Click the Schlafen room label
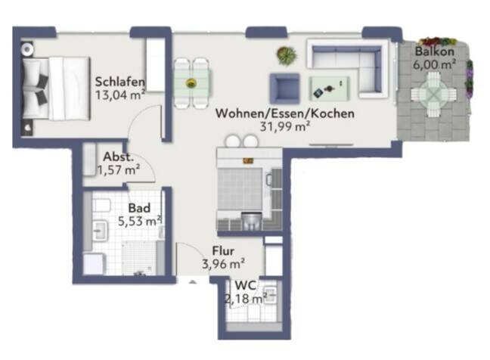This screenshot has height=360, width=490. (x=120, y=82)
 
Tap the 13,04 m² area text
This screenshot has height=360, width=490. (x=119, y=95)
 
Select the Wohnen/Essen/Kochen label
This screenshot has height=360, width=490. (x=274, y=114)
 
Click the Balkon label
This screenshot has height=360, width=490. (x=434, y=52)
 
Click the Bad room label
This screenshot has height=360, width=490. (x=138, y=208)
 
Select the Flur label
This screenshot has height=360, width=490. (x=222, y=251)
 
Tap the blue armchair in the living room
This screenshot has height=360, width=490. (x=284, y=88)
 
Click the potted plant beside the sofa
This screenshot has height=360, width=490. (x=287, y=55)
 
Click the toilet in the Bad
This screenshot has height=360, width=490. (x=103, y=206)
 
